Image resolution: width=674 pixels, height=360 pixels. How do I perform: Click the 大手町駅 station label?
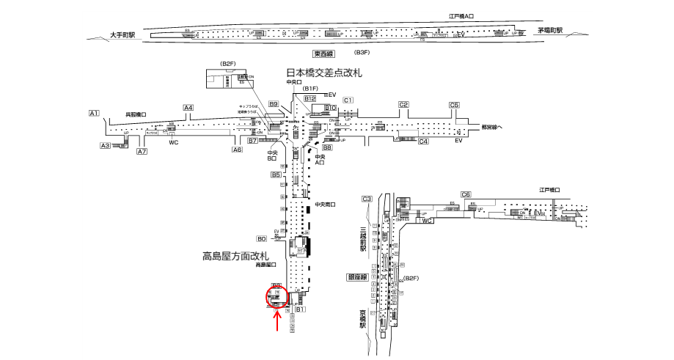123,34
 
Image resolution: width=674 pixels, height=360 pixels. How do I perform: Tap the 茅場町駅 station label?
549,31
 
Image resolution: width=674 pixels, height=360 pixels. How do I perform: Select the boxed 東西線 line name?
323,54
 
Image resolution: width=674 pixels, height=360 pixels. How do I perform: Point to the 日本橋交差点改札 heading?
324,73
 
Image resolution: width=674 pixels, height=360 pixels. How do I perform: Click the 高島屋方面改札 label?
236,257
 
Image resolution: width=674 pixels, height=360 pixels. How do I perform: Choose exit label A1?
93,113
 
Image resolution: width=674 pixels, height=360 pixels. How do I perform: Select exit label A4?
188,108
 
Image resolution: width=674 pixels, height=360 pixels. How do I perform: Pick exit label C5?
455,105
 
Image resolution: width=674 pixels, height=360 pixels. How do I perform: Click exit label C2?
403,105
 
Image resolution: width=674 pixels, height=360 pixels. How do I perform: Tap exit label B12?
309,98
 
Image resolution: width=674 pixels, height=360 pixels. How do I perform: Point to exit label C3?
367,199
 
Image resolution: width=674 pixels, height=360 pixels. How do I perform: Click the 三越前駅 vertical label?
362,239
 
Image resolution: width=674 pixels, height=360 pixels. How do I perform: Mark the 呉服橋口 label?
136,114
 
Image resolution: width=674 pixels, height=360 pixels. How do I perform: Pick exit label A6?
237,150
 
